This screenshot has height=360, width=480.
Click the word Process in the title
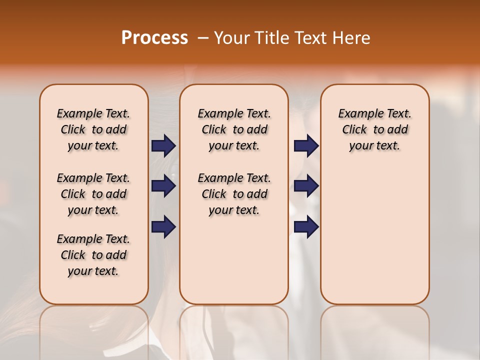[x=154, y=38]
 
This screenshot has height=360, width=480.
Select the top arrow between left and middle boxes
[x=163, y=146]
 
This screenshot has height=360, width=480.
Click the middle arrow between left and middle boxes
[x=163, y=186]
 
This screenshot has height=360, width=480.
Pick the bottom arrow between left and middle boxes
[x=163, y=227]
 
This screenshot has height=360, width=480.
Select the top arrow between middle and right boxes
[x=306, y=146]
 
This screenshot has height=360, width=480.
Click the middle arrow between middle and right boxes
[x=306, y=186]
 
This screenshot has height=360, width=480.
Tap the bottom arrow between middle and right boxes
[x=306, y=227]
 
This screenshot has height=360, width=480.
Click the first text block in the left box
[x=93, y=129]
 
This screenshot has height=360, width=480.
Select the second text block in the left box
[x=93, y=194]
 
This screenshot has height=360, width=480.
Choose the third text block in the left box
[x=93, y=255]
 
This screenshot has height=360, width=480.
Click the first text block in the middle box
[x=234, y=129]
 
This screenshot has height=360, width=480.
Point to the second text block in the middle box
[x=234, y=194]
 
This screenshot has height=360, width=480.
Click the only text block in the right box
[x=374, y=129]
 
